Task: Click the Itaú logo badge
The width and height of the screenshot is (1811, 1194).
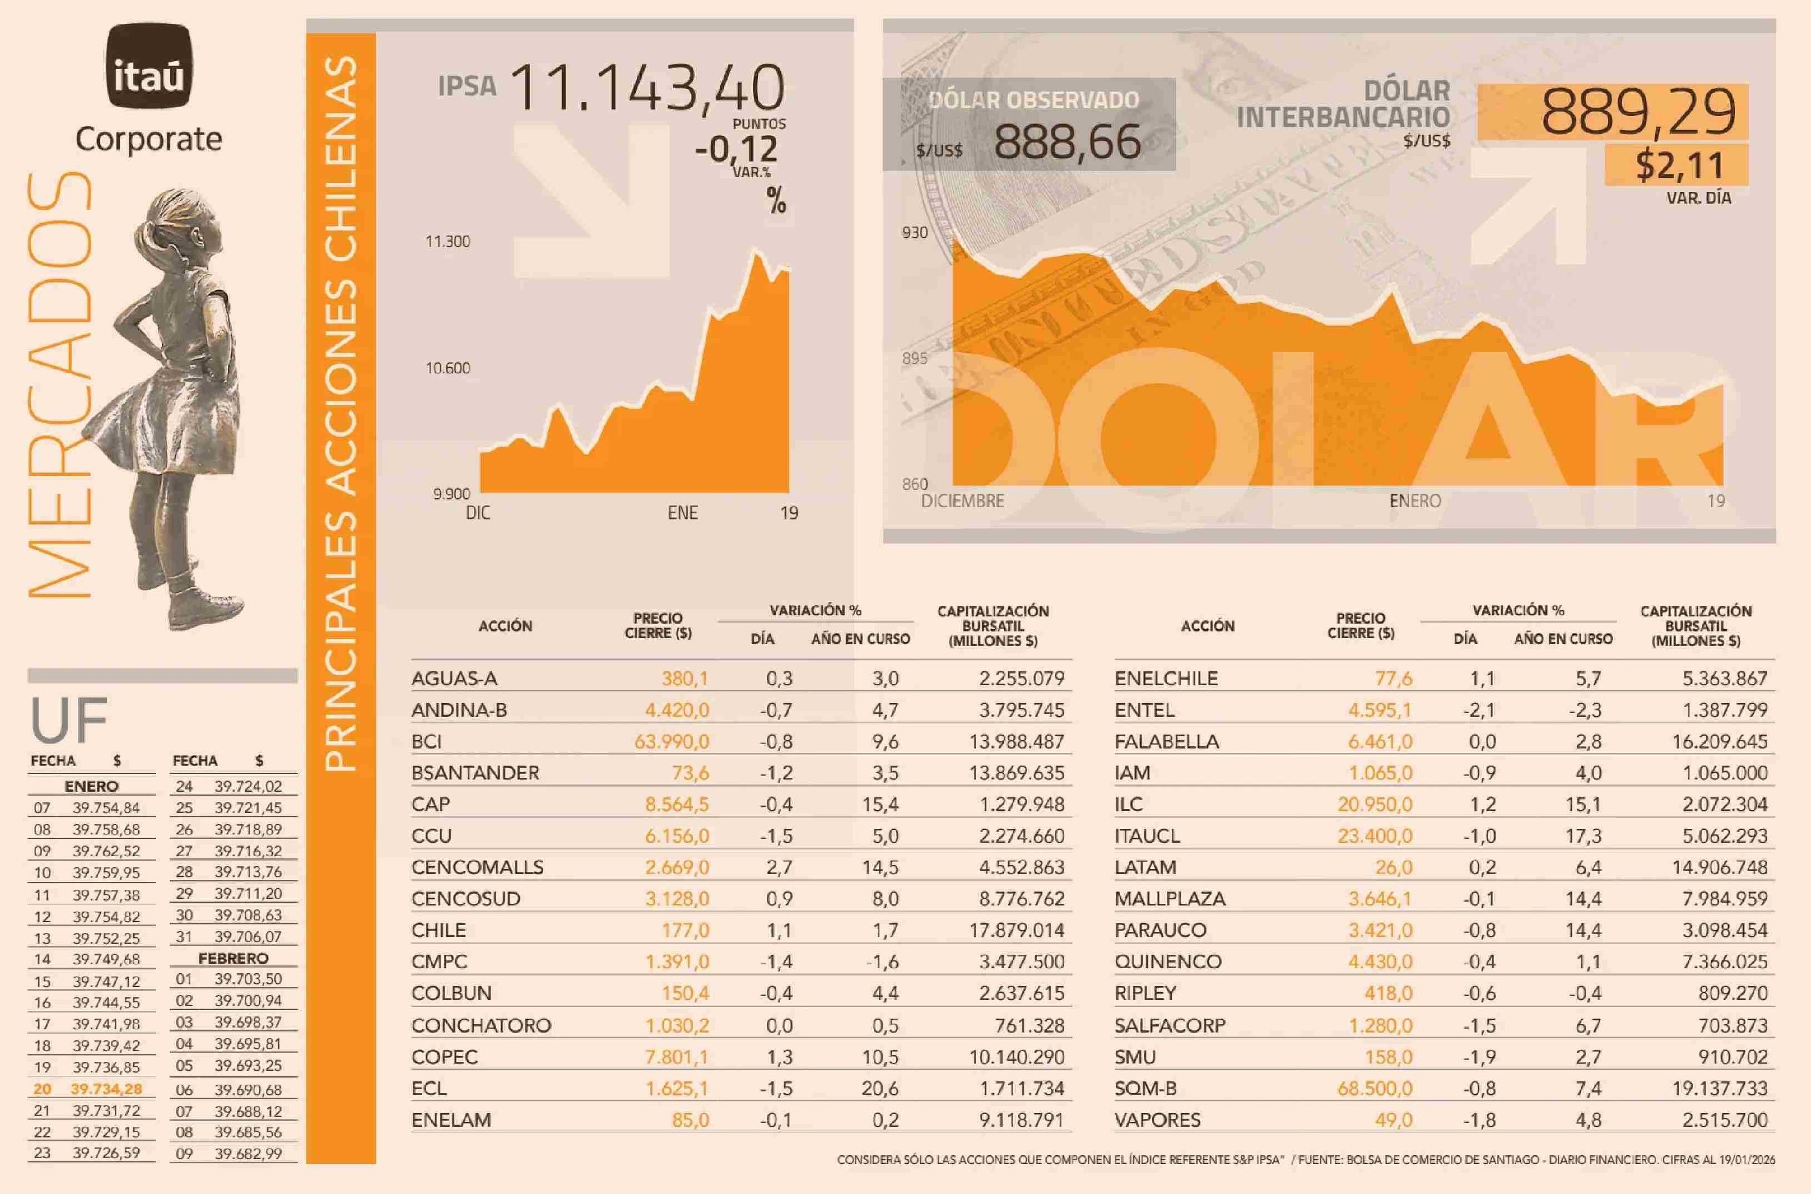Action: click(149, 66)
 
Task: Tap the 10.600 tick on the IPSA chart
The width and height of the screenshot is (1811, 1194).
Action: click(448, 368)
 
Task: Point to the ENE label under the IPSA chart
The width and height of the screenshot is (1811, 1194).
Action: click(682, 513)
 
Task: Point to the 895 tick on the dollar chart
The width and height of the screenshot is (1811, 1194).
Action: click(914, 358)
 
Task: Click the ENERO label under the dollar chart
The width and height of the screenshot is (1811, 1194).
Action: click(1415, 501)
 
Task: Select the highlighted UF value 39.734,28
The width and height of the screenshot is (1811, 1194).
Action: click(107, 1089)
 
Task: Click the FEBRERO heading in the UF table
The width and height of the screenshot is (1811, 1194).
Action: click(233, 958)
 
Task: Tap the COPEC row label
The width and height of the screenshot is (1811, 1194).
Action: click(445, 1057)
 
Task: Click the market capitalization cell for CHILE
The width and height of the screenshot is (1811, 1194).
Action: click(1016, 930)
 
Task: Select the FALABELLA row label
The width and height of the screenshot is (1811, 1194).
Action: click(1167, 742)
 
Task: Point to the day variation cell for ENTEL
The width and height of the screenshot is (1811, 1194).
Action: click(1479, 710)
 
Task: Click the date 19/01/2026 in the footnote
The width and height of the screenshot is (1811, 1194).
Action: click(1746, 1160)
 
